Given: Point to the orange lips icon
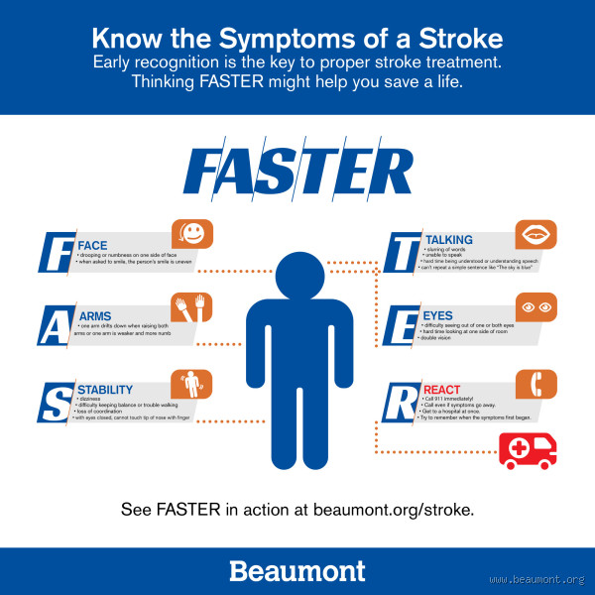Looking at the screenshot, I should [x=536, y=235].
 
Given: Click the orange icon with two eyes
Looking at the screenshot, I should [x=536, y=307].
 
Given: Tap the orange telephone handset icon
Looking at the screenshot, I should [x=536, y=384].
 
